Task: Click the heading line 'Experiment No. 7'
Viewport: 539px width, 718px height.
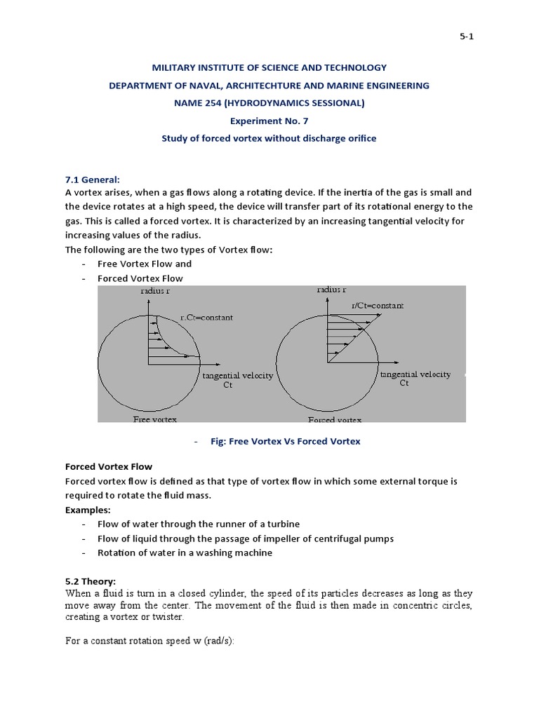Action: [x=269, y=121]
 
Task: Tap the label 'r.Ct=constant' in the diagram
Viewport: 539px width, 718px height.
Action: [x=206, y=318]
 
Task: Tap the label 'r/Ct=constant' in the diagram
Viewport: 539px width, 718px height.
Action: [x=378, y=306]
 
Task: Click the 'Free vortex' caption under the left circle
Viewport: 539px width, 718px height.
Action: [x=155, y=419]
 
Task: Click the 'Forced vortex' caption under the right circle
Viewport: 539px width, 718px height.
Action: [x=335, y=419]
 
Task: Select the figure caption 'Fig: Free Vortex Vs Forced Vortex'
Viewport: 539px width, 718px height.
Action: [x=285, y=441]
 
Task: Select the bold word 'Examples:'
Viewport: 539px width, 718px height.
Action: [x=88, y=510]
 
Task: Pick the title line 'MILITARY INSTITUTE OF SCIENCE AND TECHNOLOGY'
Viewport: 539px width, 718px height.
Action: [x=269, y=68]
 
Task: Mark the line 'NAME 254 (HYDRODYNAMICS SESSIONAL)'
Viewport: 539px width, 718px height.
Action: [x=269, y=103]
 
